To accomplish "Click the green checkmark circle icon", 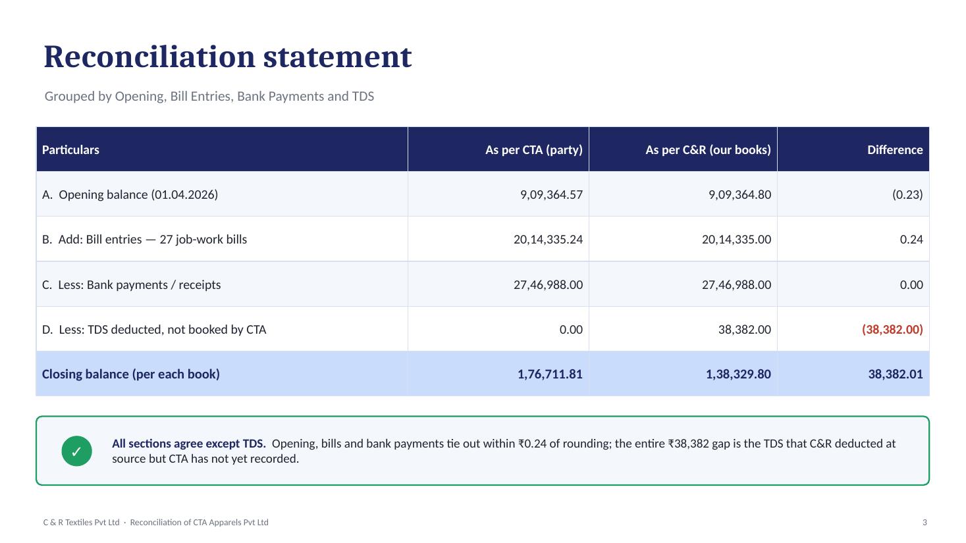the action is (x=76, y=452).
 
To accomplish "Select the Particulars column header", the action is (x=70, y=149).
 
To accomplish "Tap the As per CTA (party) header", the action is (x=534, y=149).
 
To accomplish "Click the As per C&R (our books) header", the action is (x=708, y=149).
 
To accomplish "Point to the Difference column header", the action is (x=895, y=149).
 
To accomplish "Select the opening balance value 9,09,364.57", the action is (x=551, y=194).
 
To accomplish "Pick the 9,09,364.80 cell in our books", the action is (x=739, y=194).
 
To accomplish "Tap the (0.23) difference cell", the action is (x=907, y=194).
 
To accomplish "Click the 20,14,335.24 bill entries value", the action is (x=548, y=239).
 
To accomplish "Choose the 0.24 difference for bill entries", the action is (x=911, y=239).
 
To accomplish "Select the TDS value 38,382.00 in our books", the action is (x=744, y=329).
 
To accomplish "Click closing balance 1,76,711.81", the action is (x=550, y=374).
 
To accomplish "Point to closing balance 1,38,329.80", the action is (x=738, y=374).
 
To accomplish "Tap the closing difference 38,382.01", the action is (x=896, y=374).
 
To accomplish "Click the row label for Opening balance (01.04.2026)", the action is (x=130, y=194).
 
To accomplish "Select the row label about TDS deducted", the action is (x=154, y=329).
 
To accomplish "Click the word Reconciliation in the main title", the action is (x=149, y=57).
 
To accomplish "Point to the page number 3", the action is (x=925, y=523).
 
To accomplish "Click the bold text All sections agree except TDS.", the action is (x=189, y=444).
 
